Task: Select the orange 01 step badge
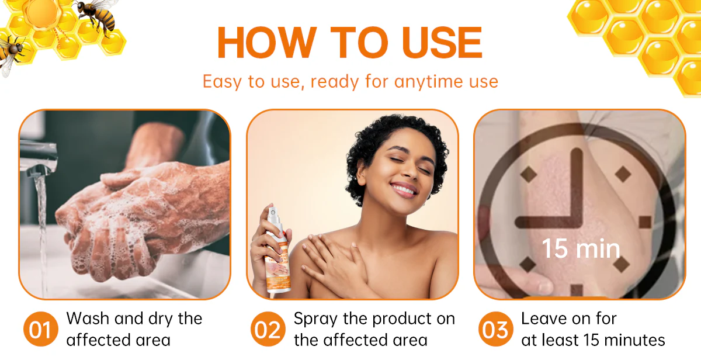(40, 330)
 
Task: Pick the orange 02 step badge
(268, 330)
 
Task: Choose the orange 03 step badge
(495, 330)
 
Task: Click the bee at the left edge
(12, 53)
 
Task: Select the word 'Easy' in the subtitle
(222, 81)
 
